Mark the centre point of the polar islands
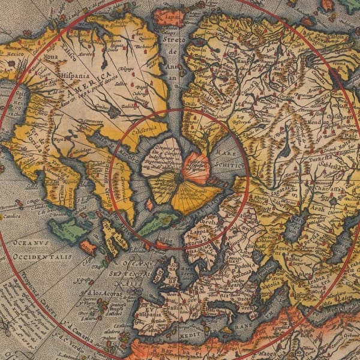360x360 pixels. click(179, 178)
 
